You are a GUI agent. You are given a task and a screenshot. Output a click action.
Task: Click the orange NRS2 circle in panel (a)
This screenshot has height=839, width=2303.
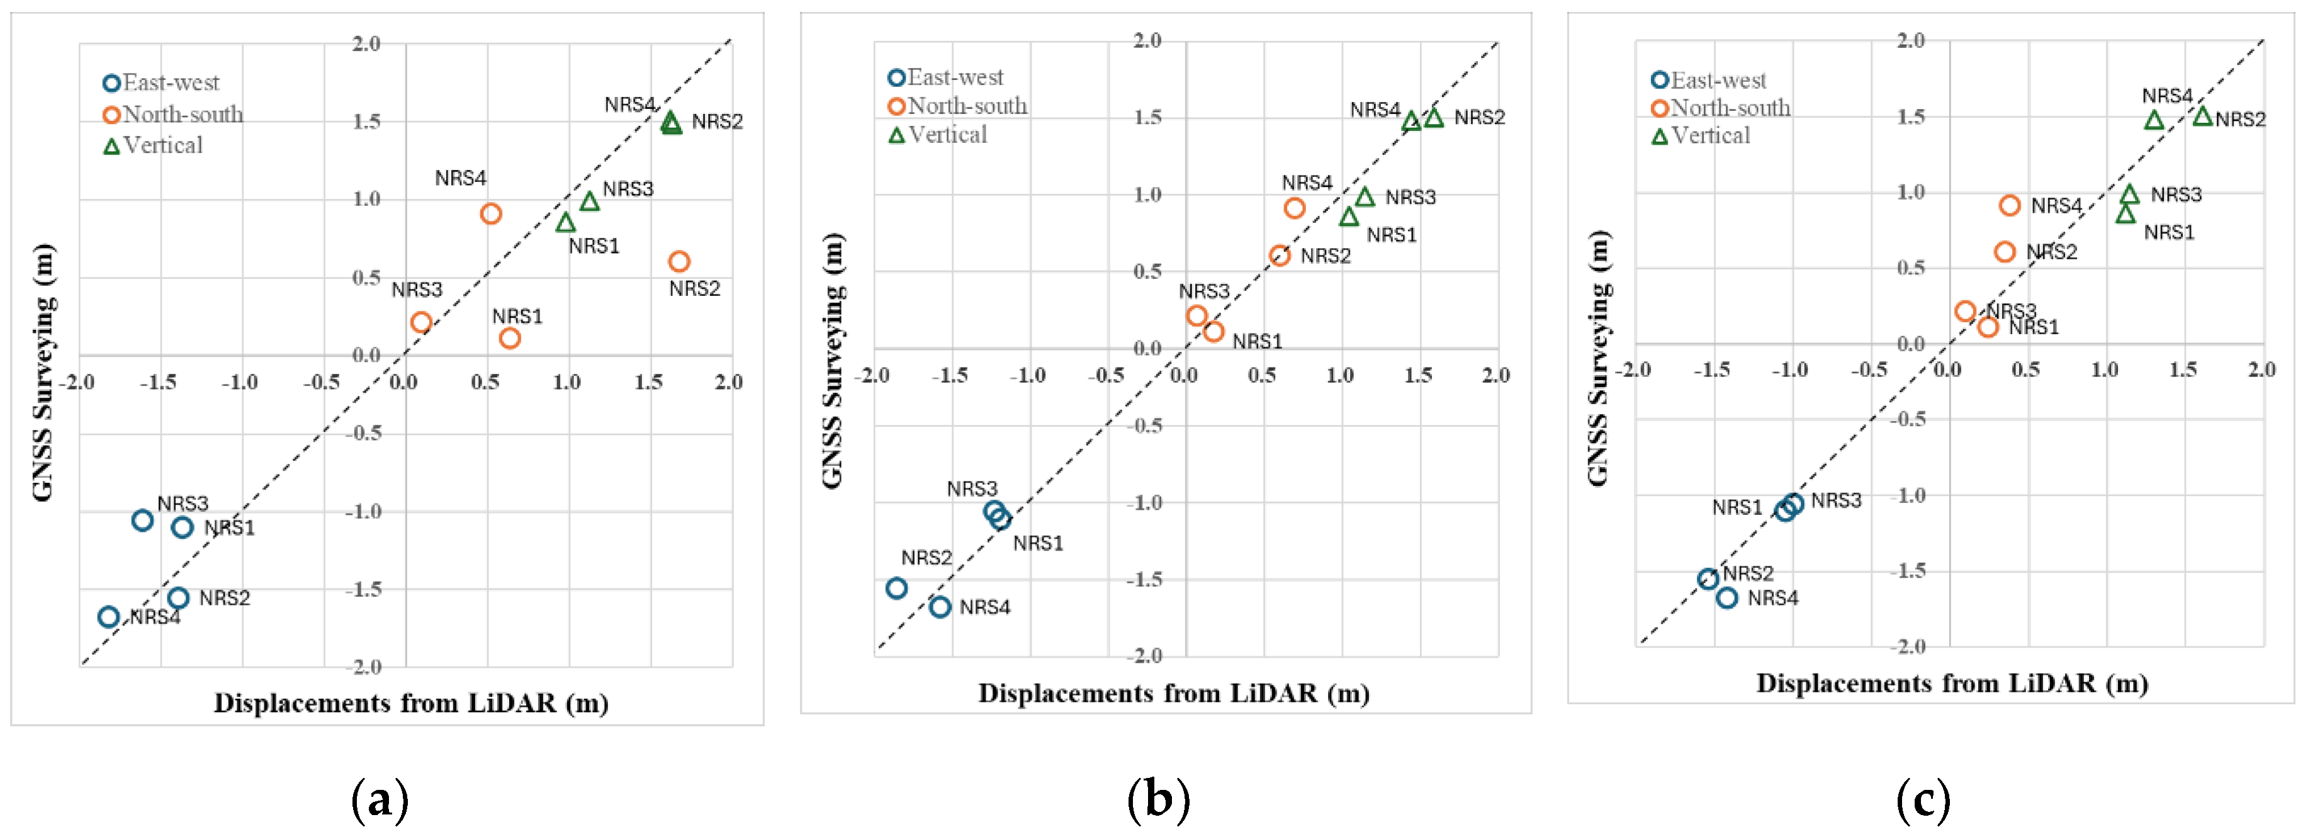pos(679,261)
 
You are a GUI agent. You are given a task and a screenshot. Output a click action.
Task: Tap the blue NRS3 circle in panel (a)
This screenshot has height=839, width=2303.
pos(142,520)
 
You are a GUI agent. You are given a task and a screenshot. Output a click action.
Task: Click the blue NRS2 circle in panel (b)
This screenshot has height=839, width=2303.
pos(897,588)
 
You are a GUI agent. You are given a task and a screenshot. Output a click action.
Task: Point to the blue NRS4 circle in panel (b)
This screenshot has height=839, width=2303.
pos(940,607)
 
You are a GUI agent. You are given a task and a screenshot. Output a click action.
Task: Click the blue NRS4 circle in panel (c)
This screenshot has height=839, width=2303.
pos(1727,597)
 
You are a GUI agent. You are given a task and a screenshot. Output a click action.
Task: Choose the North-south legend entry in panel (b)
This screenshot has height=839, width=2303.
pos(957,106)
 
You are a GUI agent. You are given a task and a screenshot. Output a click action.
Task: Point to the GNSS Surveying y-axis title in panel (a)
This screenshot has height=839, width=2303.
pos(43,372)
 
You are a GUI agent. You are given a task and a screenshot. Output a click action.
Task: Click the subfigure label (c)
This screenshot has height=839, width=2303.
pos(1922,799)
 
